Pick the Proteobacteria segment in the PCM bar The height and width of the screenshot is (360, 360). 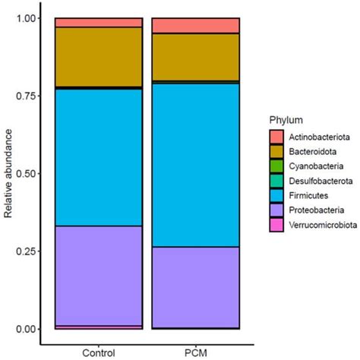(x=196, y=286)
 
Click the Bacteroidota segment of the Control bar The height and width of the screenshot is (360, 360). (x=99, y=57)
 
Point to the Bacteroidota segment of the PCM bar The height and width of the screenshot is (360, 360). (x=196, y=57)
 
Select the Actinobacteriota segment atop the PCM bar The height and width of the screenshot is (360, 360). (x=196, y=25)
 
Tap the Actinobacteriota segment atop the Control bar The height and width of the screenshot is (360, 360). (x=99, y=22)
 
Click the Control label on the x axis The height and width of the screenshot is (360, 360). (x=99, y=352)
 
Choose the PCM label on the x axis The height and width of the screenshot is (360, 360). (x=196, y=352)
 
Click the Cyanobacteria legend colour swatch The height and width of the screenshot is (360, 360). (x=276, y=166)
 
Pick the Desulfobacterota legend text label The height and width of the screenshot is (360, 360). (x=320, y=181)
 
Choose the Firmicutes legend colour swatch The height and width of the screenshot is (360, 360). (x=276, y=195)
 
